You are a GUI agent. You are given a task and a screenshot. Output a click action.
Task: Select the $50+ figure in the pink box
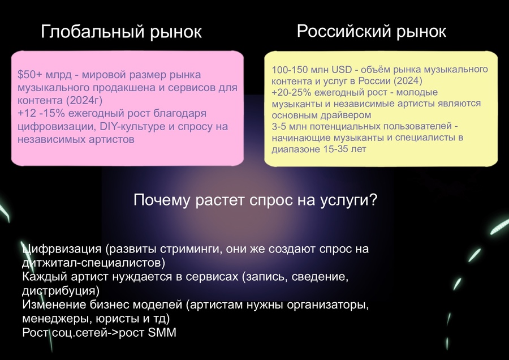click(x=30, y=74)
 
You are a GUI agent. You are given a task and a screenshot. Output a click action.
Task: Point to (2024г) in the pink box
click(x=84, y=100)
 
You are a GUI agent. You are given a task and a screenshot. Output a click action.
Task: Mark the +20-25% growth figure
click(x=292, y=92)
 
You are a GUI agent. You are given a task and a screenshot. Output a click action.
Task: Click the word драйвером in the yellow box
click(x=346, y=115)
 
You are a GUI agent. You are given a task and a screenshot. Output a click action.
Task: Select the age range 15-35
click(x=335, y=149)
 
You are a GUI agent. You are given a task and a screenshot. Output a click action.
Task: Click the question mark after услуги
click(x=373, y=199)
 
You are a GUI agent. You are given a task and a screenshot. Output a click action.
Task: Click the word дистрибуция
click(x=58, y=290)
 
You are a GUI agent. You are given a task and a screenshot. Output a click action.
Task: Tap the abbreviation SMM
click(x=162, y=332)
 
